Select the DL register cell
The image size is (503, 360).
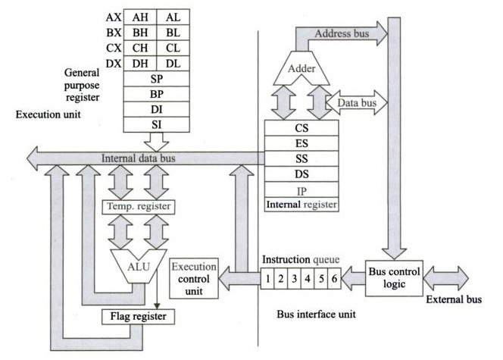173,65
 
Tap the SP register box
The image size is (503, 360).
156,80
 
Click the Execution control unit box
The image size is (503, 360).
195,278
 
